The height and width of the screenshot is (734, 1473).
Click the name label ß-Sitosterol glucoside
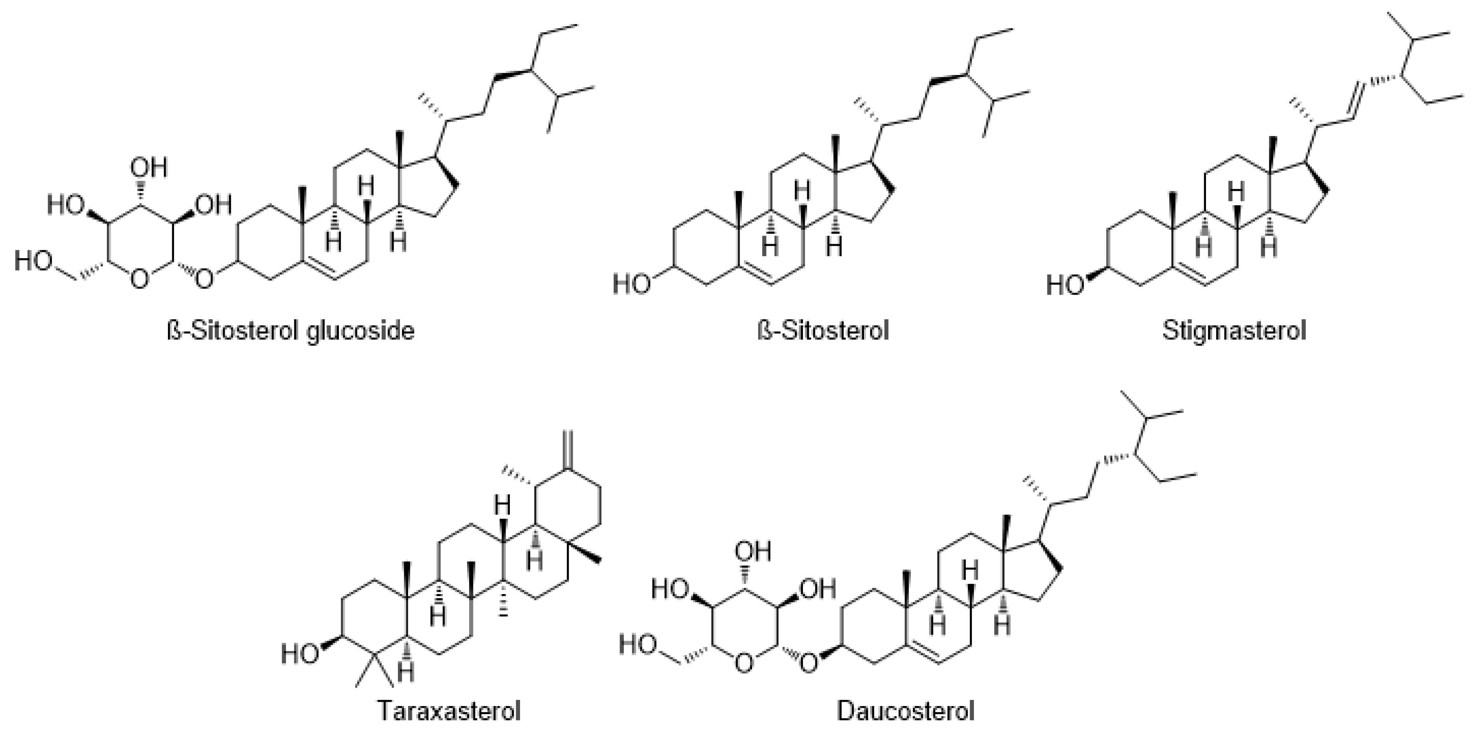pyautogui.click(x=290, y=331)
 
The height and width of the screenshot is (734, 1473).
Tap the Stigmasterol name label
pyautogui.click(x=1234, y=331)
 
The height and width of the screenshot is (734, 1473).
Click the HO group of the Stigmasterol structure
pyautogui.click(x=1065, y=284)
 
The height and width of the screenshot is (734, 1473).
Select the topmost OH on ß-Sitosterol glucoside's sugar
pyautogui.click(x=149, y=168)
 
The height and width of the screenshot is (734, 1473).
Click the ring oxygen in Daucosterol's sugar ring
pyautogui.click(x=743, y=663)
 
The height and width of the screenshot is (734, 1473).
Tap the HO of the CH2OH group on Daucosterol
pyautogui.click(x=637, y=645)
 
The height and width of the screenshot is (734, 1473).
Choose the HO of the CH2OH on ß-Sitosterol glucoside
pyautogui.click(x=33, y=260)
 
